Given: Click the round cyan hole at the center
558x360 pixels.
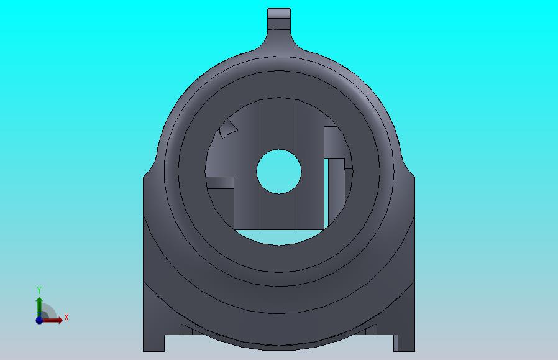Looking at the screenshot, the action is pyautogui.click(x=278, y=171).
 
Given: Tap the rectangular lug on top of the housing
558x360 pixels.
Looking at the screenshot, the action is pyautogui.click(x=279, y=19).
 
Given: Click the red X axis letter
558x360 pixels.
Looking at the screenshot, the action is pyautogui.click(x=66, y=317).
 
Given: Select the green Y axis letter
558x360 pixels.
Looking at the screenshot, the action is pyautogui.click(x=39, y=290).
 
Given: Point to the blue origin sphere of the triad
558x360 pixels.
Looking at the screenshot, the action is pyautogui.click(x=39, y=320).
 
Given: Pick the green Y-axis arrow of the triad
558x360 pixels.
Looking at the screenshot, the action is pyautogui.click(x=39, y=307).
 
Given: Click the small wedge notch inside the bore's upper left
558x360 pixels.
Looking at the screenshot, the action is pyautogui.click(x=228, y=129).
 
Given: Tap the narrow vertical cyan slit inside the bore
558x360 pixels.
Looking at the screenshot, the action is pyautogui.click(x=326, y=193).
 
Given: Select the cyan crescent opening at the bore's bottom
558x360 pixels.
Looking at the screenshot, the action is pyautogui.click(x=279, y=237).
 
